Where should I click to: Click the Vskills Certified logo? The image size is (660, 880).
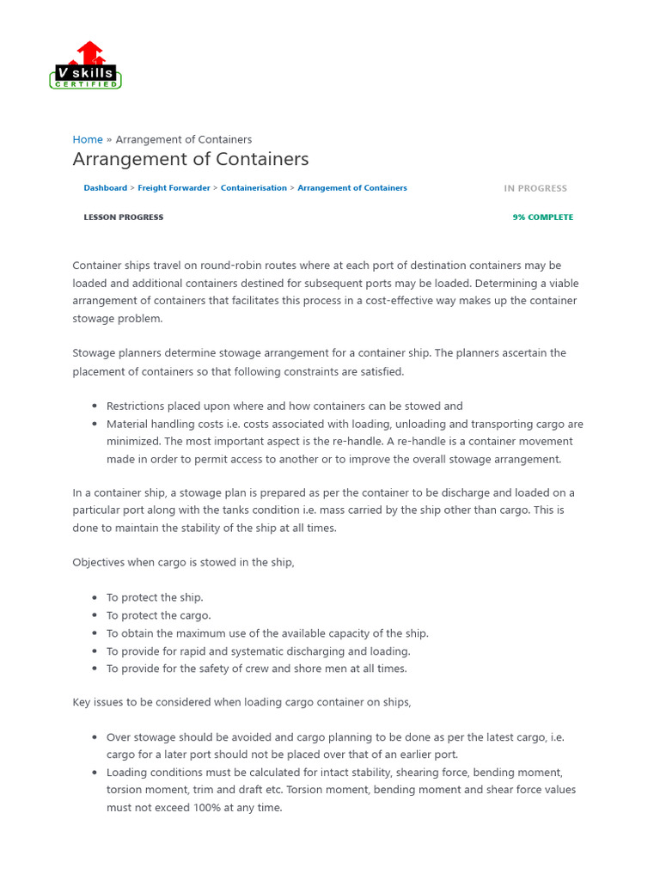coord(86,66)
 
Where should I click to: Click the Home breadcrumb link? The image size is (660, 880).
coord(88,139)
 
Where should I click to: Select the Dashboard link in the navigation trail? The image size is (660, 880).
coord(105,188)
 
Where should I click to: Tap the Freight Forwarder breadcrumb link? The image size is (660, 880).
coord(174,188)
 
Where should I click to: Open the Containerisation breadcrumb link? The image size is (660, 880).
coord(254,188)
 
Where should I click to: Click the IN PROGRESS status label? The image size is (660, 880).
coord(535,188)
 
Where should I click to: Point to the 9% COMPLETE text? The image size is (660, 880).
coord(542,217)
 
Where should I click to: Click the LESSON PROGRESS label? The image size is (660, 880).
coord(123,217)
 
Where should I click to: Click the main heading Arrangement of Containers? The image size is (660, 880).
coord(191,160)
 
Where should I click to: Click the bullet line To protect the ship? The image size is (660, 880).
coord(155,597)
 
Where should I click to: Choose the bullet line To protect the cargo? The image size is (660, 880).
coord(158,615)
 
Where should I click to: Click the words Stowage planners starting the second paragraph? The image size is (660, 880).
coord(115,353)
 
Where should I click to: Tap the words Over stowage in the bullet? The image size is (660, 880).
coord(139,737)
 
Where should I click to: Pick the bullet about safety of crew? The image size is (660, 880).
coord(256,669)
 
